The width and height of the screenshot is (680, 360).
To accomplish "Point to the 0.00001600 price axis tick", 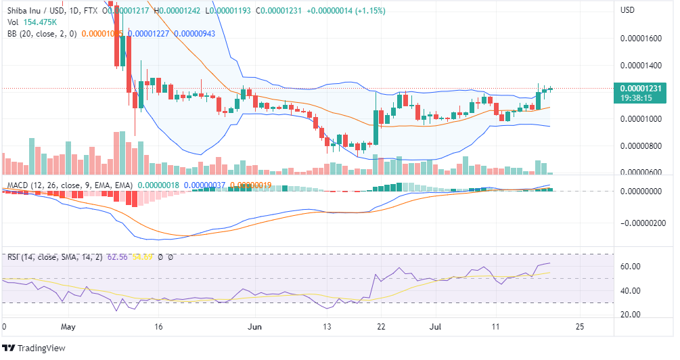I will click(643, 39).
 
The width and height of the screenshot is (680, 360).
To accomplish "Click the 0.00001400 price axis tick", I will click(643, 66).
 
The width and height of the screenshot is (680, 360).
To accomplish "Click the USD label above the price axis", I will click(628, 10).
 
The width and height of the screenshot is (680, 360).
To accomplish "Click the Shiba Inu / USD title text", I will click(37, 10).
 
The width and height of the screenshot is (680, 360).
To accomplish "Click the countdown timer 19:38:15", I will click(639, 98).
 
